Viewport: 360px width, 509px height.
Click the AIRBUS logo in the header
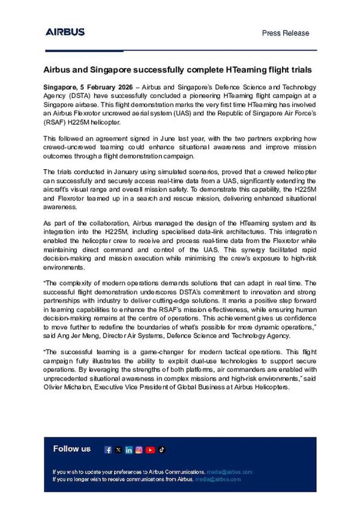tap(65, 32)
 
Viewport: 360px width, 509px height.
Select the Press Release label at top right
tap(286, 33)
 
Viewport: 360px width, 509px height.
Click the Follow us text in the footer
tap(72, 449)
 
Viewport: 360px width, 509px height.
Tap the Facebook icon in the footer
tap(109, 450)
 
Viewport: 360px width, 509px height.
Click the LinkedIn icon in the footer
tap(128, 450)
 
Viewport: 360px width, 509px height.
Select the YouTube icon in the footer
tap(150, 450)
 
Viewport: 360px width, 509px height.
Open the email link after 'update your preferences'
tap(230, 472)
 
